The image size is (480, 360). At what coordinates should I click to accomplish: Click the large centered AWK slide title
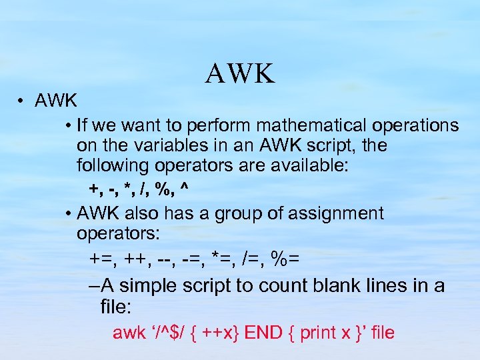(240, 73)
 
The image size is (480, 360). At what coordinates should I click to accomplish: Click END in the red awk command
(263, 333)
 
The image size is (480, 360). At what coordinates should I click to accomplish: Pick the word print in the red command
(318, 333)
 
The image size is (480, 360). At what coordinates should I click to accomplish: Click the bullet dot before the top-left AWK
(22, 101)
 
